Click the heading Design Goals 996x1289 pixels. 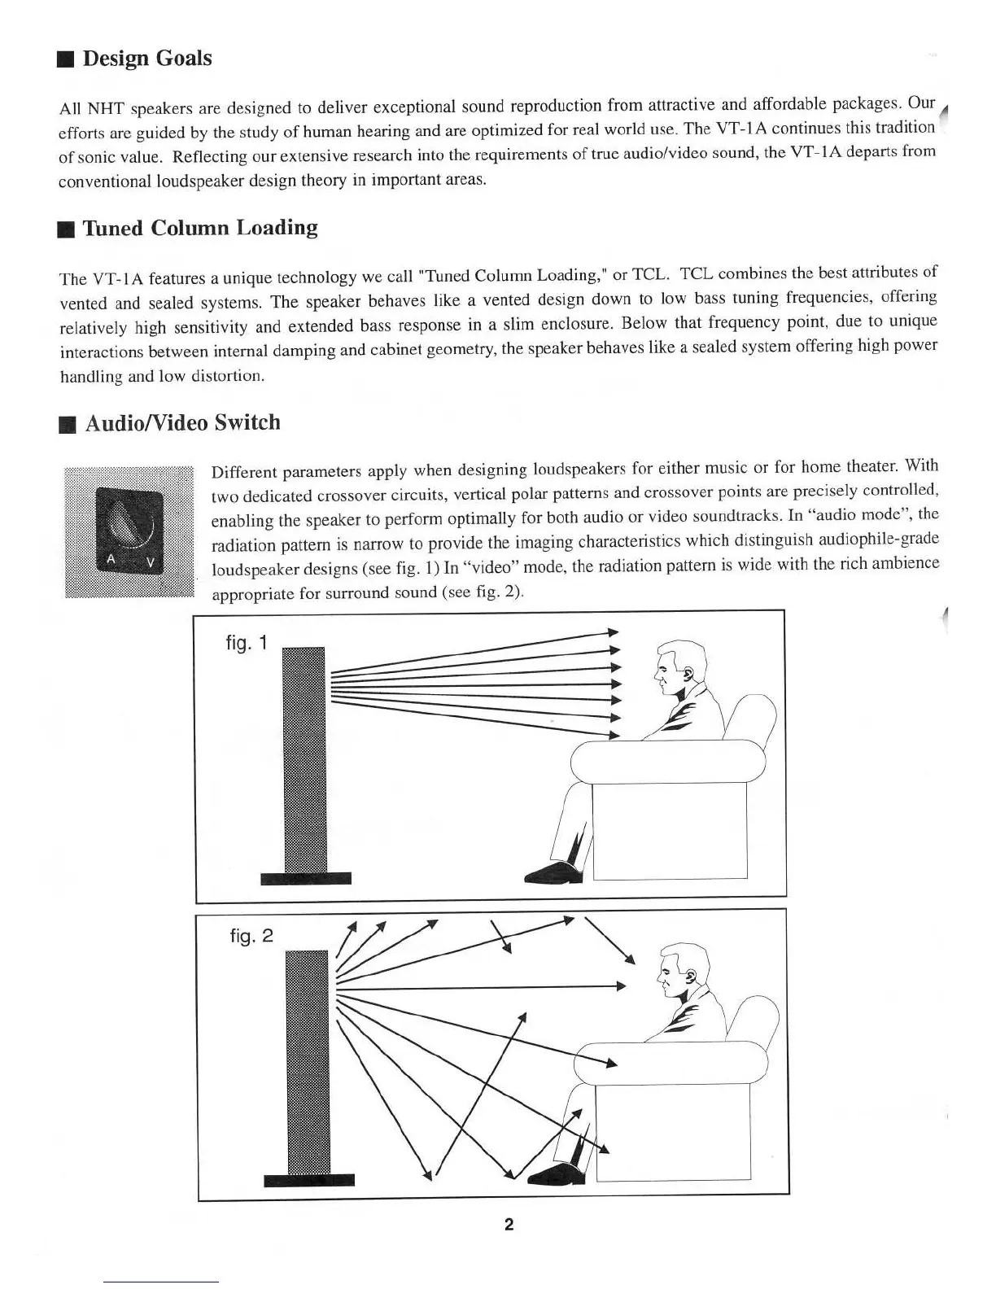coord(146,59)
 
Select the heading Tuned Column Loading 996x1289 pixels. coord(199,228)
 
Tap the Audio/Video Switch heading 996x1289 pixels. coord(182,422)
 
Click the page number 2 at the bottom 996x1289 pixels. coord(509,1224)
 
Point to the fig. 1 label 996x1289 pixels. coord(246,643)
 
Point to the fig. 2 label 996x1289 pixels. coord(251,936)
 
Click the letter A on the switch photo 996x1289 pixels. coord(111,559)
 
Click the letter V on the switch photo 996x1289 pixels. coord(151,563)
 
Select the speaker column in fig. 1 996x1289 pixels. coord(304,757)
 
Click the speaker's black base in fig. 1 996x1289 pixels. coord(305,877)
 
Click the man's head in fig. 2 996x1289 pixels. coord(684,968)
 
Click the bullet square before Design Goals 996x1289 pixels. coord(67,59)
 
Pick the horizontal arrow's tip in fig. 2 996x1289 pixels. coord(623,986)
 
